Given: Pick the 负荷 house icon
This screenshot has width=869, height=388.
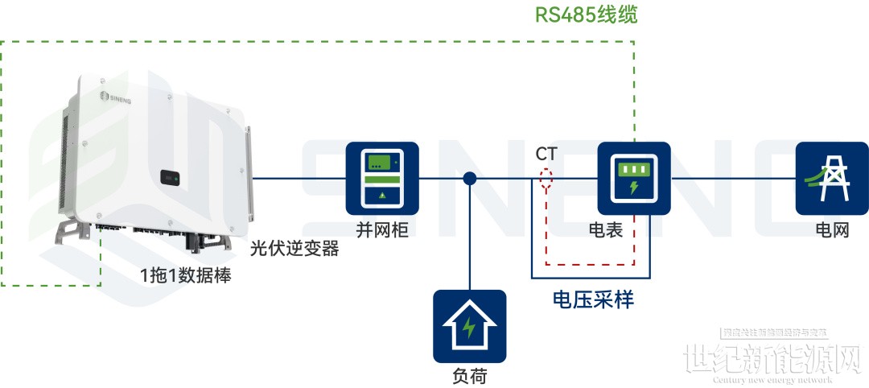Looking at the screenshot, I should (x=469, y=326).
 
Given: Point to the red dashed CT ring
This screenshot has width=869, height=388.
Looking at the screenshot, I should (x=546, y=179).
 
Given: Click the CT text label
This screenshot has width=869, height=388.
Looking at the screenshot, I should (x=546, y=153).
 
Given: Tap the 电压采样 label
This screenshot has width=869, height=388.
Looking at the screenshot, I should (x=593, y=299).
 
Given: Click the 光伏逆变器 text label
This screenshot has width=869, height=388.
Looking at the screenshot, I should (x=294, y=249).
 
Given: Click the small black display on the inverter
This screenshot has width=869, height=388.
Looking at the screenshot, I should (x=169, y=175).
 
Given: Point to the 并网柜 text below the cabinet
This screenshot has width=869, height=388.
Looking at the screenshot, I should (x=382, y=231).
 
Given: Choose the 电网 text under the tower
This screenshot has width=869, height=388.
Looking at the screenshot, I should (x=832, y=231).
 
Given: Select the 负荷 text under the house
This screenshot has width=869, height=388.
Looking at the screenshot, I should (x=469, y=375).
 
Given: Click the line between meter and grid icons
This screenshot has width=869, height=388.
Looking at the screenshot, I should (x=732, y=179).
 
